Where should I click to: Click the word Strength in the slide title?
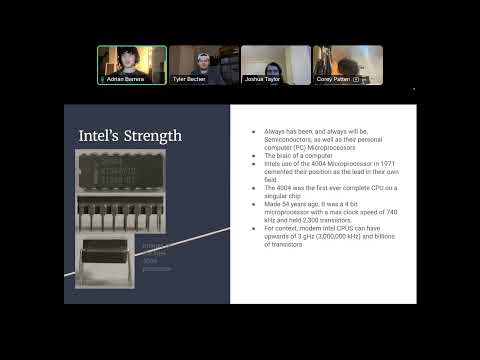(151, 135)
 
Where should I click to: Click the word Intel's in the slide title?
(101, 135)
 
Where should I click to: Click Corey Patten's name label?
(335, 79)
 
